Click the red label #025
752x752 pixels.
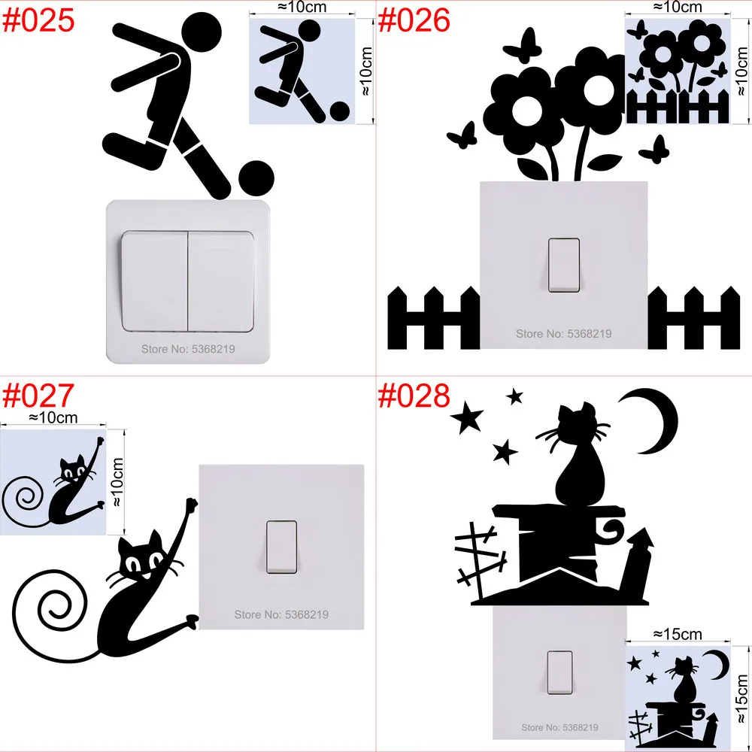[39, 20]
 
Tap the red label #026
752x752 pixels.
[414, 20]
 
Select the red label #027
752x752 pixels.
[39, 396]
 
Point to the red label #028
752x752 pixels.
[414, 396]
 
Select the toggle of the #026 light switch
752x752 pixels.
[564, 265]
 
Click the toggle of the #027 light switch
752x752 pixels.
[281, 547]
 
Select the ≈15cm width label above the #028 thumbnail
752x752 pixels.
[678, 634]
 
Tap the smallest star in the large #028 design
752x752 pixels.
[515, 395]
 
